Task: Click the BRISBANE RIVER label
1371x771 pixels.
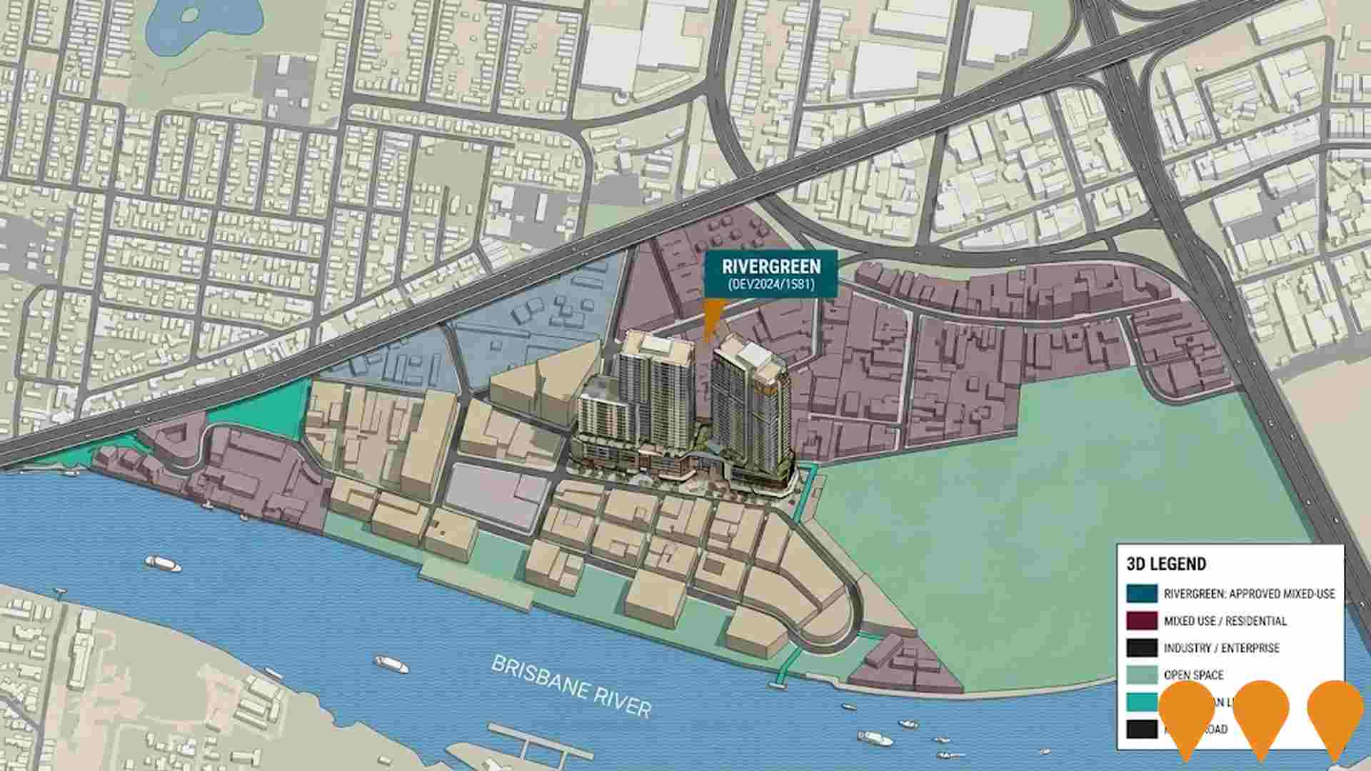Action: click(x=571, y=686)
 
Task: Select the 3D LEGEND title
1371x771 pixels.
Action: click(x=1166, y=564)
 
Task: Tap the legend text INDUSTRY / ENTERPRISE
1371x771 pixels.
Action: click(x=1221, y=648)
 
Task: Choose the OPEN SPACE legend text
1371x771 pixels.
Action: click(x=1193, y=675)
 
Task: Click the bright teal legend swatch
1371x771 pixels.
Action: click(x=1141, y=702)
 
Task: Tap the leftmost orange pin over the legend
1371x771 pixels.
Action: click(x=1187, y=715)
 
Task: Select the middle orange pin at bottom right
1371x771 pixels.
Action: click(x=1261, y=715)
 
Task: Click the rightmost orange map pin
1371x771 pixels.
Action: click(x=1335, y=715)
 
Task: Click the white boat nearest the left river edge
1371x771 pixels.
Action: click(x=163, y=565)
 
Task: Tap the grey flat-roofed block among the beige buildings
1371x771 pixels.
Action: click(x=496, y=493)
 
